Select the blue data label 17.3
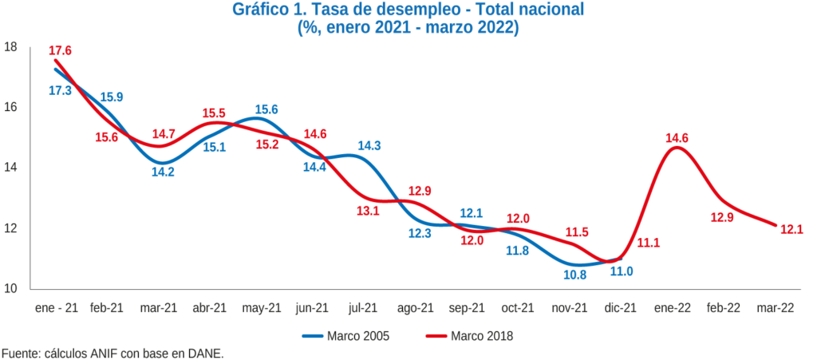(x=60, y=91)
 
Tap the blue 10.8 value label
(x=575, y=275)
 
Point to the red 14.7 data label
(x=164, y=133)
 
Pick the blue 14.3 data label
(x=369, y=145)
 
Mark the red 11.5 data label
(x=576, y=232)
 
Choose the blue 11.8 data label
(x=517, y=251)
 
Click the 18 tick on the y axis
(x=10, y=47)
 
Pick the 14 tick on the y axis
(x=10, y=168)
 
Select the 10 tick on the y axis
(x=10, y=288)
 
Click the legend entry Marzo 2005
(x=358, y=336)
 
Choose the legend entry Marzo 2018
(x=482, y=336)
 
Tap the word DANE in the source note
(x=206, y=353)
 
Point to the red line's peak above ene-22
(x=677, y=147)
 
